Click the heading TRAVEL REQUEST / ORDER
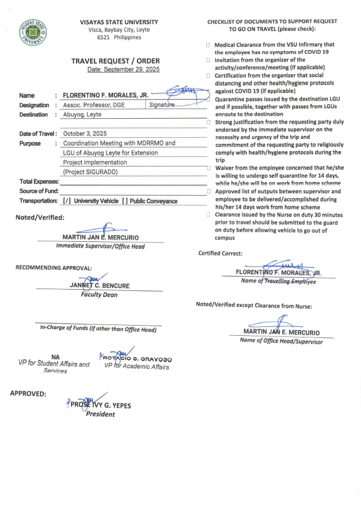(x=115, y=61)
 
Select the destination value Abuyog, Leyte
(x=82, y=115)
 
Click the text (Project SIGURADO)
(x=90, y=172)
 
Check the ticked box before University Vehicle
(x=67, y=201)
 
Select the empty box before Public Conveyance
(x=124, y=201)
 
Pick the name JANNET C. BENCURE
(x=100, y=286)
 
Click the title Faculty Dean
(x=99, y=295)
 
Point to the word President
(x=100, y=414)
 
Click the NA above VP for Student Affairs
(x=55, y=356)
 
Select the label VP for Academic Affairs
(x=136, y=367)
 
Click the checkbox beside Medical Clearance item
(x=208, y=44)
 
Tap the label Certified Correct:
(x=220, y=253)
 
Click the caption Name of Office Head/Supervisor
(x=281, y=341)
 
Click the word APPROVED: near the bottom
(x=28, y=394)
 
